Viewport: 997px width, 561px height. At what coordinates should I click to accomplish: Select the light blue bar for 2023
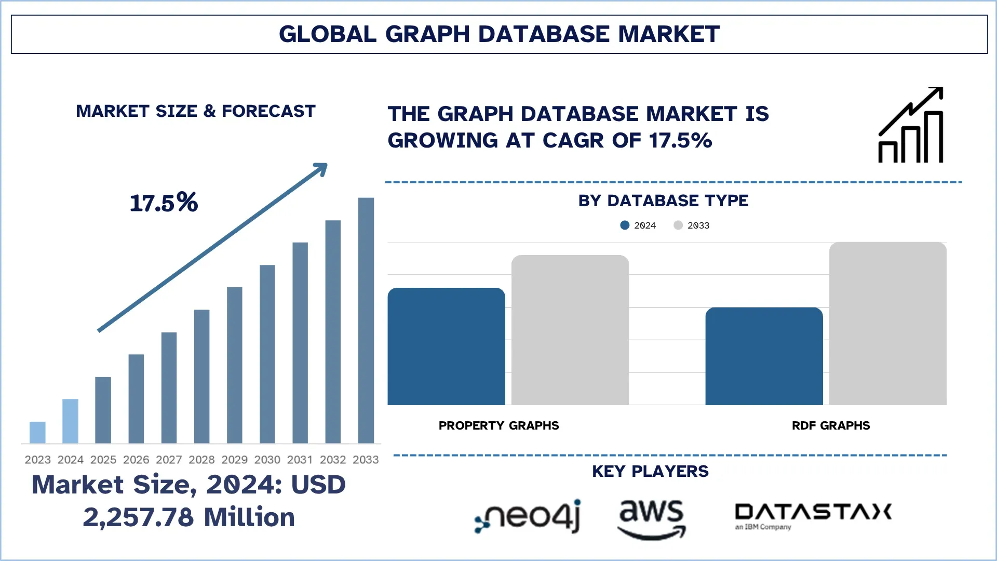(37, 432)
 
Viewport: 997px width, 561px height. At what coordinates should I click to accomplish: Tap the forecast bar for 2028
(201, 376)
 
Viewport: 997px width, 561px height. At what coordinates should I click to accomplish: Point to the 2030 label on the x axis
(267, 460)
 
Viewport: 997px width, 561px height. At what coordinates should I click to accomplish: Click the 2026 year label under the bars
(136, 460)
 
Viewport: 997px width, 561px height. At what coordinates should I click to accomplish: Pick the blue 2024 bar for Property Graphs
(446, 346)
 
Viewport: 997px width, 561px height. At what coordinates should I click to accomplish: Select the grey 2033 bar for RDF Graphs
(887, 323)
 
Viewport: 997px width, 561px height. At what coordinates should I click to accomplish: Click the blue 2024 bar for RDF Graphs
(764, 356)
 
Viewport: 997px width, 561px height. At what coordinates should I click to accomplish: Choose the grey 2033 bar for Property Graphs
(570, 330)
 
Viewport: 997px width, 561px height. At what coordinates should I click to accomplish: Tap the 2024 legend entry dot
(625, 225)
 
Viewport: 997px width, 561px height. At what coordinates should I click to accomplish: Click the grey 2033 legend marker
(678, 225)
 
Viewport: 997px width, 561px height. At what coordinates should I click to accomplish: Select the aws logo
(651, 518)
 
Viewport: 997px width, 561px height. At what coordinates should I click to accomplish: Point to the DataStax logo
(813, 515)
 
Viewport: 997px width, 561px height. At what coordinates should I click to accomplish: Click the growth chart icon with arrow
(911, 125)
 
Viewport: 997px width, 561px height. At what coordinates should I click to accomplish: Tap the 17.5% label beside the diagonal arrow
(164, 203)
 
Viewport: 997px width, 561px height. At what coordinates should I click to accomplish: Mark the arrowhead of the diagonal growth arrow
(321, 168)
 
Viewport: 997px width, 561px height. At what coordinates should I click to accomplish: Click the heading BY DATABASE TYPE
(663, 201)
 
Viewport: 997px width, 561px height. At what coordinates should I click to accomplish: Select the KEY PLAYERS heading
(650, 471)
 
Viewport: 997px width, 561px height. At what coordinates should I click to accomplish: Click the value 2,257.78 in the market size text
(138, 517)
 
